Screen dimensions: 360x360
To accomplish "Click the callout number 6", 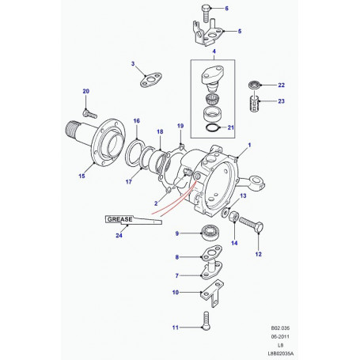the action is [226, 9].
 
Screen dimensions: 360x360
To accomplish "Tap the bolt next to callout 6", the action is [206, 13].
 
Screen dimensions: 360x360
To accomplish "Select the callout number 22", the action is [281, 85].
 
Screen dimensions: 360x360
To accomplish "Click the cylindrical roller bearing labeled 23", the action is [254, 104].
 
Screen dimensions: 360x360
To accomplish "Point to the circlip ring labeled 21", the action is [214, 127].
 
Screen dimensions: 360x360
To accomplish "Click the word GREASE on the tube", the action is [120, 219].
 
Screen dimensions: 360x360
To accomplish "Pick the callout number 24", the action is [119, 235].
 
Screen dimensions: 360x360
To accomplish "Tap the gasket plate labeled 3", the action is [150, 79].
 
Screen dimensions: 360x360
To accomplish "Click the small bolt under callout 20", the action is [90, 114].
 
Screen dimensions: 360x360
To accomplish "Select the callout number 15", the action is [81, 176].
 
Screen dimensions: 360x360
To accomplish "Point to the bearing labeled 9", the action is [210, 233].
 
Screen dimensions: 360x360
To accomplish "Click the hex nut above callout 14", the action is [234, 217].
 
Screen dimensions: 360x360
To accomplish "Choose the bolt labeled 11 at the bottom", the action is [206, 320].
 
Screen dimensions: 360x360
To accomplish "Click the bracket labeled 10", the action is [212, 294].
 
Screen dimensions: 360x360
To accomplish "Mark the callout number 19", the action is [180, 126].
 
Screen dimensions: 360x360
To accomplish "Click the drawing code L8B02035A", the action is [281, 354].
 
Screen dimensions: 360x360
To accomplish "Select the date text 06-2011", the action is [280, 336].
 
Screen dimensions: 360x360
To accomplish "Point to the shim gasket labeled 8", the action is [212, 252].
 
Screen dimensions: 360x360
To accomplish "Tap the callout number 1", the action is [249, 145].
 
